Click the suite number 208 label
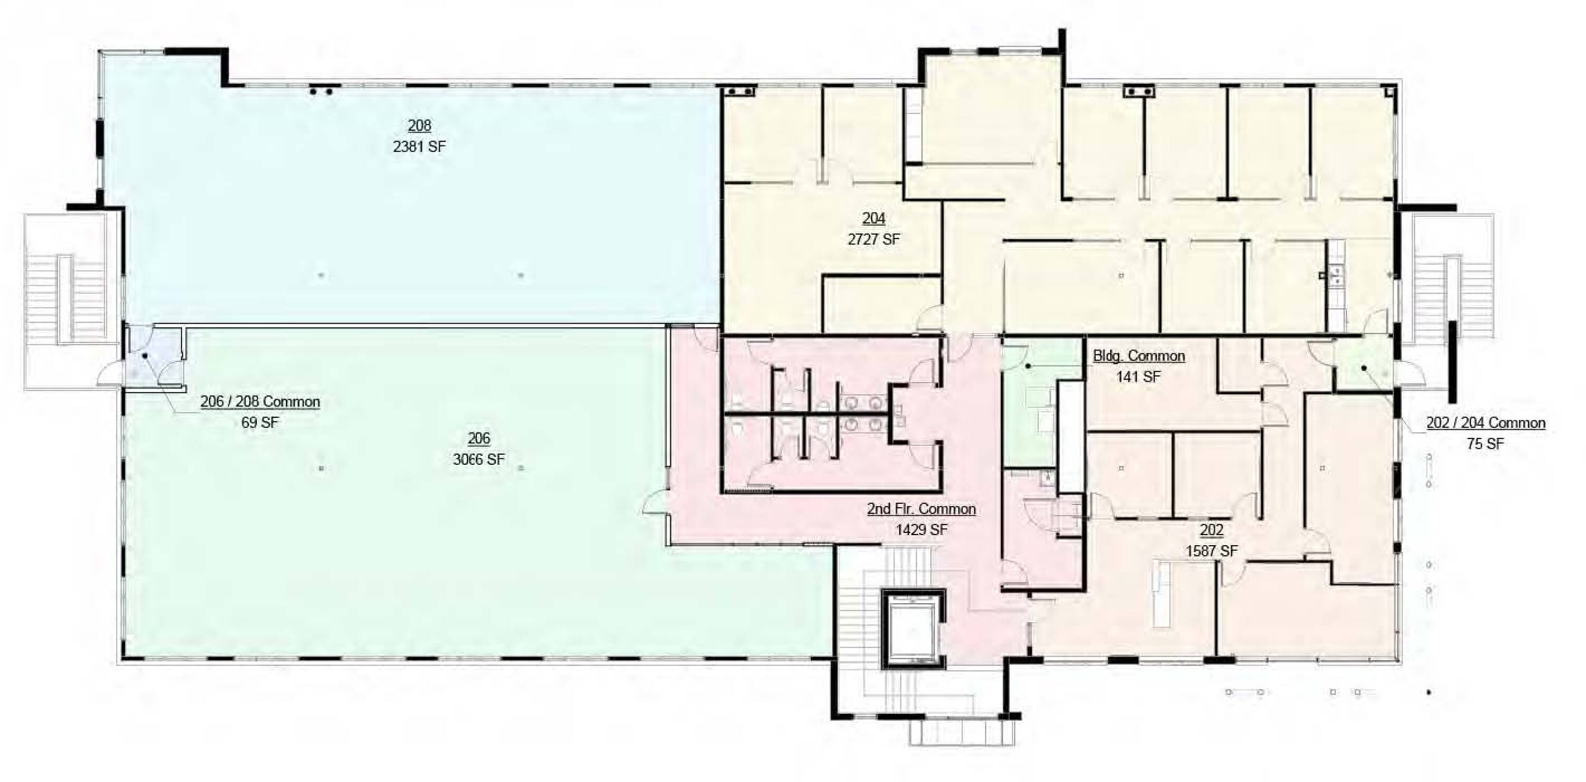click(x=419, y=126)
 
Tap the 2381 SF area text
click(x=419, y=146)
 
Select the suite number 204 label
click(x=874, y=218)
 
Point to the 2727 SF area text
click(x=874, y=239)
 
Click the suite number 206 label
click(x=478, y=438)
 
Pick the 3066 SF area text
click(x=478, y=459)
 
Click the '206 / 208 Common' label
click(x=260, y=401)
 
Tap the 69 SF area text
click(x=260, y=422)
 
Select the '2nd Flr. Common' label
click(x=921, y=509)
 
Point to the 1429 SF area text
click(x=921, y=530)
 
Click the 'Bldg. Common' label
click(x=1138, y=356)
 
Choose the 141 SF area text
click(x=1138, y=376)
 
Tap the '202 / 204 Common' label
click(x=1486, y=423)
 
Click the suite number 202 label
click(x=1212, y=530)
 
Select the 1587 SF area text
click(x=1212, y=550)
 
